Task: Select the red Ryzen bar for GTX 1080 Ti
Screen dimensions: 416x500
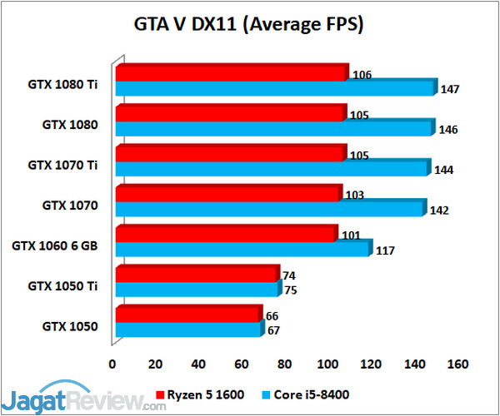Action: (x=231, y=74)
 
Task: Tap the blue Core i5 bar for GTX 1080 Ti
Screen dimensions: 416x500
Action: (x=275, y=88)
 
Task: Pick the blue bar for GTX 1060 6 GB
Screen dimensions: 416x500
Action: (x=242, y=248)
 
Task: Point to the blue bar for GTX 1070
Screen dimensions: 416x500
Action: (x=271, y=208)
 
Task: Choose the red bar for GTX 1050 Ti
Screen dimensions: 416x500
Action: (x=197, y=275)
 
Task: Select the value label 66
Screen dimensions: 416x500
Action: (x=272, y=316)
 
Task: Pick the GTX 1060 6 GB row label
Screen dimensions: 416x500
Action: (x=55, y=245)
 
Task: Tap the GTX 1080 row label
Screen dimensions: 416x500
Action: (x=71, y=125)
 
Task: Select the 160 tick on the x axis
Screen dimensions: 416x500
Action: (x=457, y=364)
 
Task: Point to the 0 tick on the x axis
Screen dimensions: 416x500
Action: (x=112, y=364)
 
